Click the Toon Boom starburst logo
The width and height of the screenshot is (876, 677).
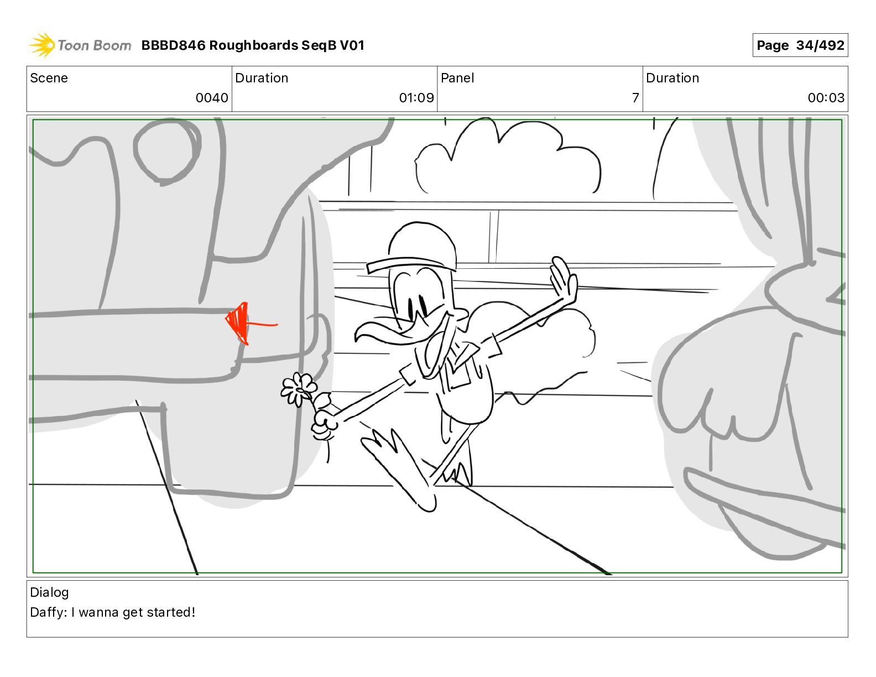click(x=42, y=45)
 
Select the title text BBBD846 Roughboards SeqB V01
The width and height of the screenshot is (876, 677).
click(x=253, y=45)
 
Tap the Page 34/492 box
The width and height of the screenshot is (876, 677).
click(x=800, y=45)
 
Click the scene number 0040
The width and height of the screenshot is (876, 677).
click(x=212, y=97)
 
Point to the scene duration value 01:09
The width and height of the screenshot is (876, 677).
click(x=416, y=97)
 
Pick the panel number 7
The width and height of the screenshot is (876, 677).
click(x=635, y=97)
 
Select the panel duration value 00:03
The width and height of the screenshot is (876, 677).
click(x=826, y=97)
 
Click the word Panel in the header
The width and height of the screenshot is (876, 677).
click(x=457, y=78)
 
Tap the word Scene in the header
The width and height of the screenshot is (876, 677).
click(x=49, y=78)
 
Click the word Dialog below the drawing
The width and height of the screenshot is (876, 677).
click(x=49, y=592)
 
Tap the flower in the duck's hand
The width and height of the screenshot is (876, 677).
click(x=298, y=389)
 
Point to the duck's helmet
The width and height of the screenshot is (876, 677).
click(x=415, y=248)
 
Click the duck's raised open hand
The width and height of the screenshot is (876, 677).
click(x=564, y=279)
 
